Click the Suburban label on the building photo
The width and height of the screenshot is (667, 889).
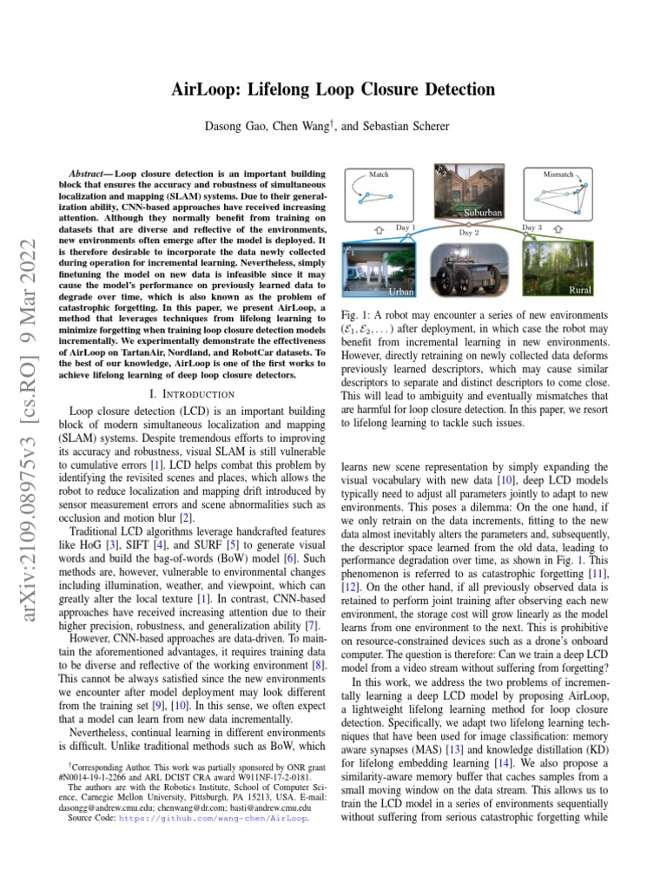click(x=483, y=213)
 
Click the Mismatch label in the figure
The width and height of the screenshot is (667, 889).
click(x=558, y=175)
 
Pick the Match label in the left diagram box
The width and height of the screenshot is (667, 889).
click(x=379, y=175)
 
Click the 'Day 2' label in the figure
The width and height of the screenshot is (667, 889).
click(x=469, y=233)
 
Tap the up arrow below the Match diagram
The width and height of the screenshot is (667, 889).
click(x=379, y=230)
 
